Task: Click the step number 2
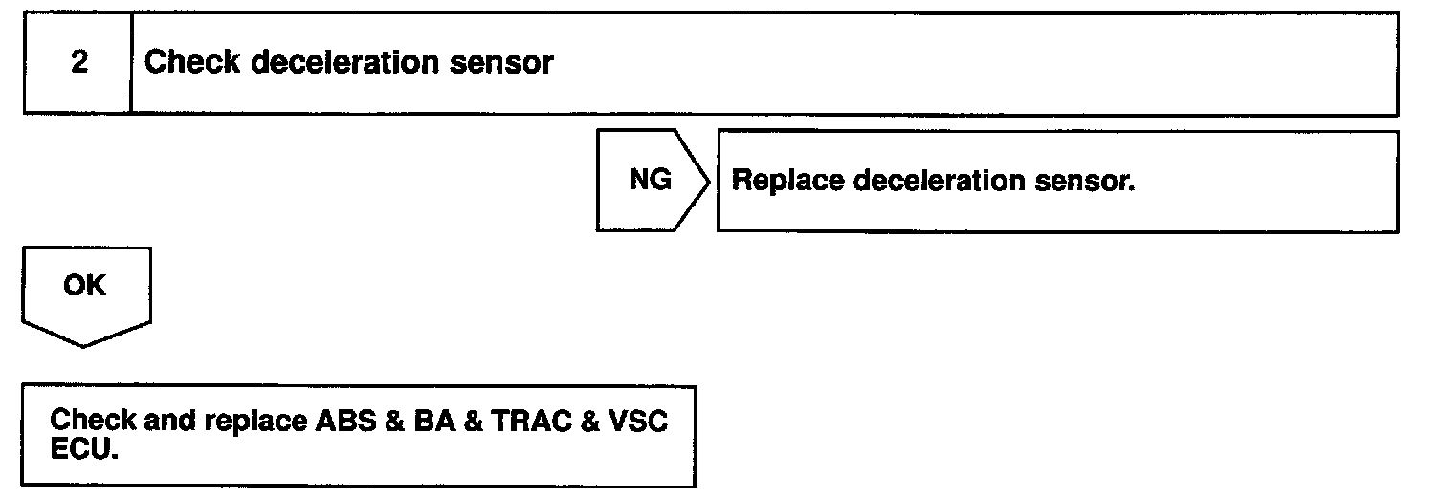tap(79, 64)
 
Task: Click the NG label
tap(651, 180)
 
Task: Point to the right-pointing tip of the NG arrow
tap(708, 181)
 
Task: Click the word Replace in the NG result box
tap(786, 182)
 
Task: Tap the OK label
tap(85, 286)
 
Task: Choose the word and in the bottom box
tap(168, 422)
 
